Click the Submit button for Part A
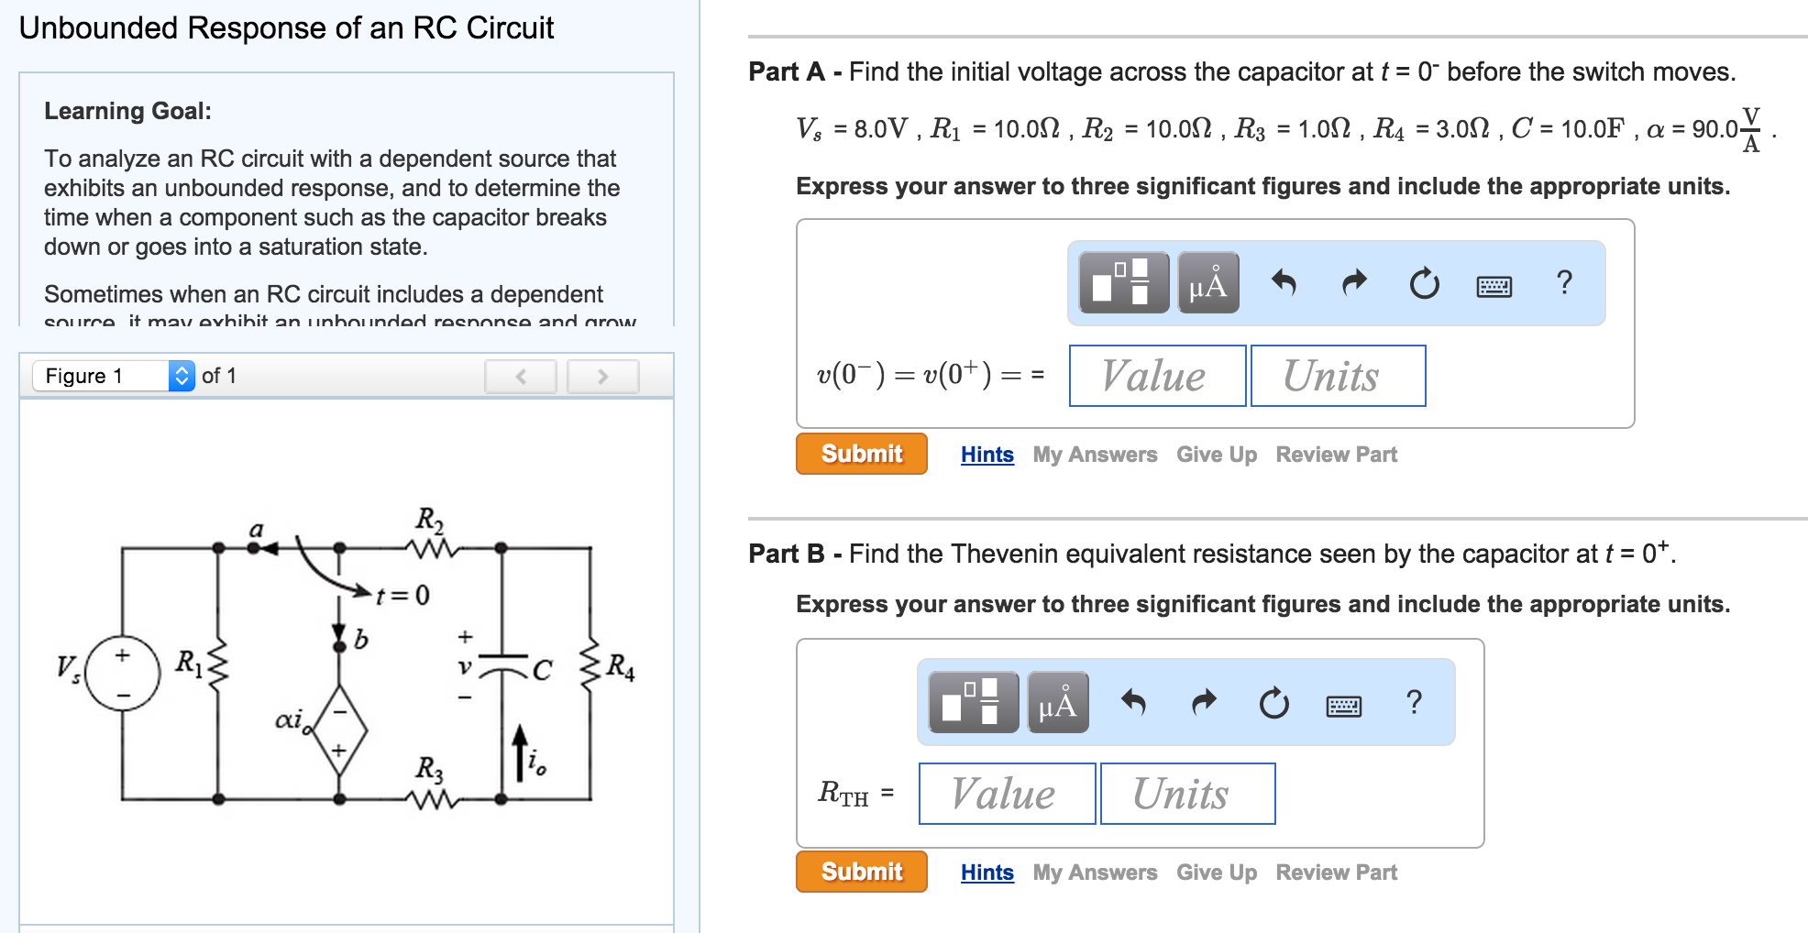(861, 454)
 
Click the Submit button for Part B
(861, 872)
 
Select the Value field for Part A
(1157, 376)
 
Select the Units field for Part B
(1187, 794)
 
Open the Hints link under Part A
(987, 455)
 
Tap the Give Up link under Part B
(1216, 873)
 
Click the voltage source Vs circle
(122, 675)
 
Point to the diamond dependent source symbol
(339, 730)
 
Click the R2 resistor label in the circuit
(429, 520)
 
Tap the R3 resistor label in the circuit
(429, 768)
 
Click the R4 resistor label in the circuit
(621, 666)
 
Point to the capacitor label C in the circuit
(542, 671)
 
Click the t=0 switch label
(402, 596)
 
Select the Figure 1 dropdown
(114, 376)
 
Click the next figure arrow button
(602, 376)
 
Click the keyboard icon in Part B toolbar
(1343, 705)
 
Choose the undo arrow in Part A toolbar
(1284, 283)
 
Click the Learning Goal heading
(127, 111)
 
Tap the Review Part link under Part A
(1336, 455)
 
